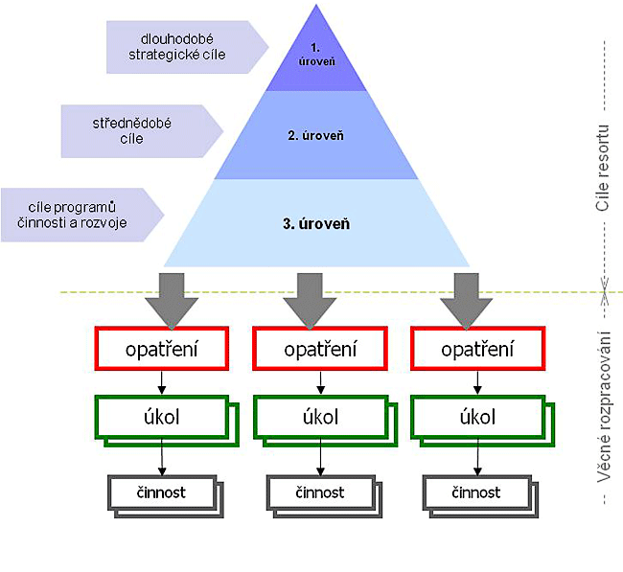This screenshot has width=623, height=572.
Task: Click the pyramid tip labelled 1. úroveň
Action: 316,53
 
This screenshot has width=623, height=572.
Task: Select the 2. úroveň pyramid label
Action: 316,135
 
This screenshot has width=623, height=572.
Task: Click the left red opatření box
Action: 161,349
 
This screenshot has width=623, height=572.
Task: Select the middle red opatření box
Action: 319,349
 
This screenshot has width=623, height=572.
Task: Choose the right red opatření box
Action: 476,349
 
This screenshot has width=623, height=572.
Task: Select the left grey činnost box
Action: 160,492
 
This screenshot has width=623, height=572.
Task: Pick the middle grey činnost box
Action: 317,492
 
